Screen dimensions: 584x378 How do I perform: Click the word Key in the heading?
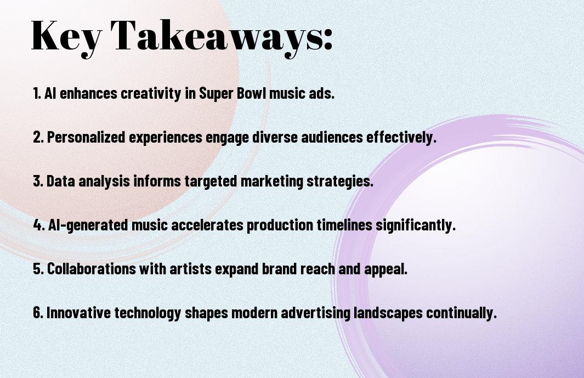pyautogui.click(x=66, y=37)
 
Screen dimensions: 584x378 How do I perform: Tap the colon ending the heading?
pyautogui.click(x=328, y=40)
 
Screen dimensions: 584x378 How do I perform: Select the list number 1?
pyautogui.click(x=37, y=93)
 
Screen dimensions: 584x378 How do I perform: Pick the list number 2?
pyautogui.click(x=38, y=137)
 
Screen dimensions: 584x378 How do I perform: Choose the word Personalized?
pyautogui.click(x=86, y=137)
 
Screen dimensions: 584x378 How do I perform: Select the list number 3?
pyautogui.click(x=38, y=181)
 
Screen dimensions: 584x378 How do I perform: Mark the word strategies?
pyautogui.click(x=339, y=182)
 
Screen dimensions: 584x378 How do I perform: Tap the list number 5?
pyautogui.click(x=38, y=269)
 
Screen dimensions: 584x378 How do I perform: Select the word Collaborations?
pyautogui.click(x=91, y=269)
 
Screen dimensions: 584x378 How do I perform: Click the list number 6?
pyautogui.click(x=38, y=313)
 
